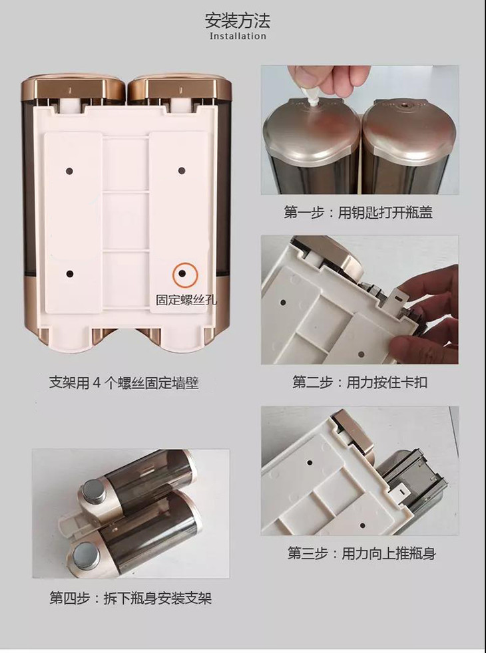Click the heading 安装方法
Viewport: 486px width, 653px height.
click(x=237, y=21)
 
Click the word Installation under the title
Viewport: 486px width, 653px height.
click(x=238, y=36)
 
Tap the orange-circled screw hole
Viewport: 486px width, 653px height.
click(x=182, y=273)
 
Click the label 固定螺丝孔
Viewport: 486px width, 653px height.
click(x=186, y=300)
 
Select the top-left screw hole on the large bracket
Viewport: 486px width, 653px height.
click(x=70, y=171)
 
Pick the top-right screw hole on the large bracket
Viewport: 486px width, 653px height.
click(x=182, y=170)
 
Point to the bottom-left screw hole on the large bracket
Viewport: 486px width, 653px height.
click(x=70, y=274)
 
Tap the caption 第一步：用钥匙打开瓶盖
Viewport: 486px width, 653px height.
click(x=358, y=212)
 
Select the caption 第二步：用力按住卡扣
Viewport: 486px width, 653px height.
click(x=360, y=382)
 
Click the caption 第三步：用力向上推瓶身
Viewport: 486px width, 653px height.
click(x=362, y=553)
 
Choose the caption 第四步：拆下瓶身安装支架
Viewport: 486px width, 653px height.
click(x=130, y=598)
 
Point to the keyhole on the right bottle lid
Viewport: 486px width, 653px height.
click(x=404, y=107)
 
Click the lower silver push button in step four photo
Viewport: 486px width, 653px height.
click(x=85, y=555)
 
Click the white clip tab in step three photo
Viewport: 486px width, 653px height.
click(x=399, y=492)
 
